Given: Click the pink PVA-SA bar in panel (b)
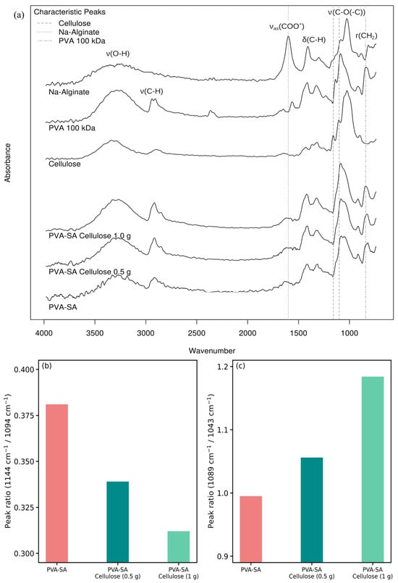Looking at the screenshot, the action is [x=56, y=483].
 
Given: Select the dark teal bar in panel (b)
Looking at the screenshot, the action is [x=117, y=521].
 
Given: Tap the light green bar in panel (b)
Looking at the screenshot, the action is [x=178, y=547].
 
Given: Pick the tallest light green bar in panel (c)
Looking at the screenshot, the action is [x=373, y=469].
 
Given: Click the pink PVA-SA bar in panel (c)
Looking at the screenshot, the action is [x=251, y=529].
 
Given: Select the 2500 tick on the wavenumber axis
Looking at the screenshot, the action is [x=197, y=333].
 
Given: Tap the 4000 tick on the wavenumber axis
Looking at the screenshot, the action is [x=44, y=333].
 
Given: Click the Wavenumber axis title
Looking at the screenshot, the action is [x=212, y=351].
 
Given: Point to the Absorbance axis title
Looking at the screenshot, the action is [x=7, y=162].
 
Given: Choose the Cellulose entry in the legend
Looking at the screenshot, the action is [x=75, y=23].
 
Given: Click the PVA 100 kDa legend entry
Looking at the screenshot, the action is [x=82, y=41].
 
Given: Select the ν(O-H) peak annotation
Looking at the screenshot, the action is [x=118, y=54].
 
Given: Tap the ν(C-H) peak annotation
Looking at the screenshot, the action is [x=151, y=91].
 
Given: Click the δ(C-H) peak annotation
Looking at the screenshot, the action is [x=313, y=39].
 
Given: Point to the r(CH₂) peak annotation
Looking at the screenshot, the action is [x=366, y=35].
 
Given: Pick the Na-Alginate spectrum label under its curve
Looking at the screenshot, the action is [x=69, y=92].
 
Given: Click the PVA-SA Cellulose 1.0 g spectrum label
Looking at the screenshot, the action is [x=90, y=235].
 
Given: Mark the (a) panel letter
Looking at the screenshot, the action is [x=19, y=15].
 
